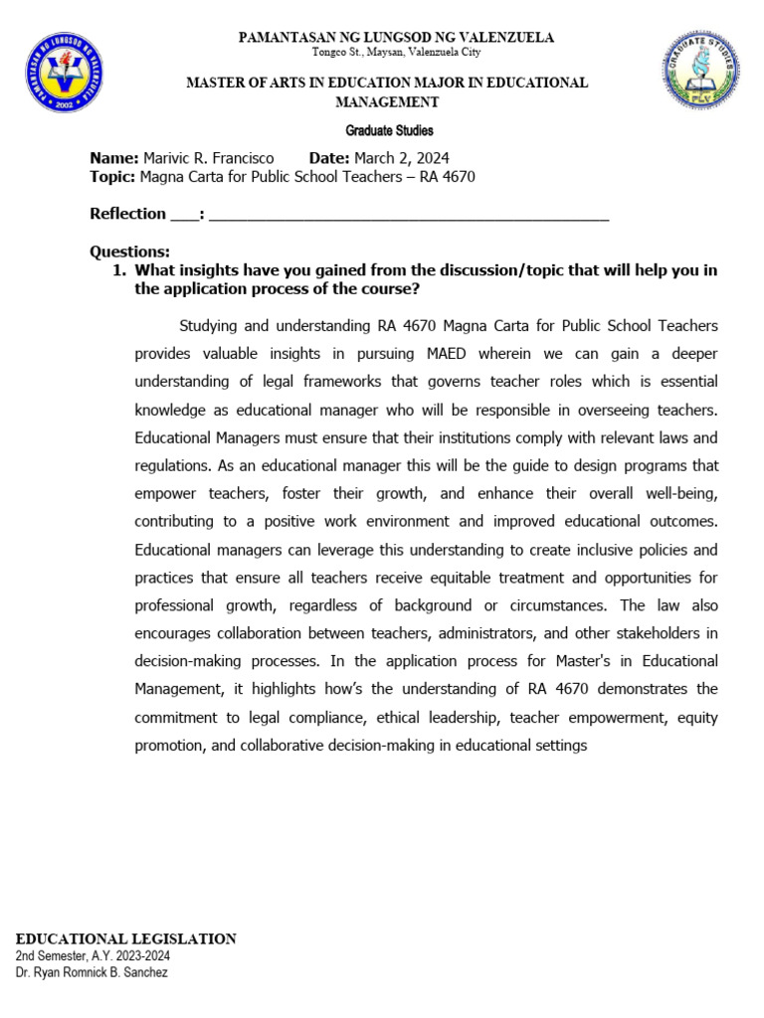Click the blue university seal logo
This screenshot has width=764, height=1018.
(65, 73)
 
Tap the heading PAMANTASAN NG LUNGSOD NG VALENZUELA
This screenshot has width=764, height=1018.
(396, 38)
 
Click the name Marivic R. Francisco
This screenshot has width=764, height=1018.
(209, 158)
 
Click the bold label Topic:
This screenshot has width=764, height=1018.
(112, 177)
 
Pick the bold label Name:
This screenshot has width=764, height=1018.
(114, 158)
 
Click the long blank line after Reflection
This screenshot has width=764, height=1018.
(408, 215)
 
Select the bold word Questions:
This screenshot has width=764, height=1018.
(130, 252)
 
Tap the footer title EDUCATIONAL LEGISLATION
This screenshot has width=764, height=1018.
(126, 938)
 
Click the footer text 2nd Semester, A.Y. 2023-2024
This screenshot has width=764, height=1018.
(93, 955)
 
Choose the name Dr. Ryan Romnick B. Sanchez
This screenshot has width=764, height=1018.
(92, 972)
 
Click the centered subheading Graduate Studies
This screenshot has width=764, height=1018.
(389, 130)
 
